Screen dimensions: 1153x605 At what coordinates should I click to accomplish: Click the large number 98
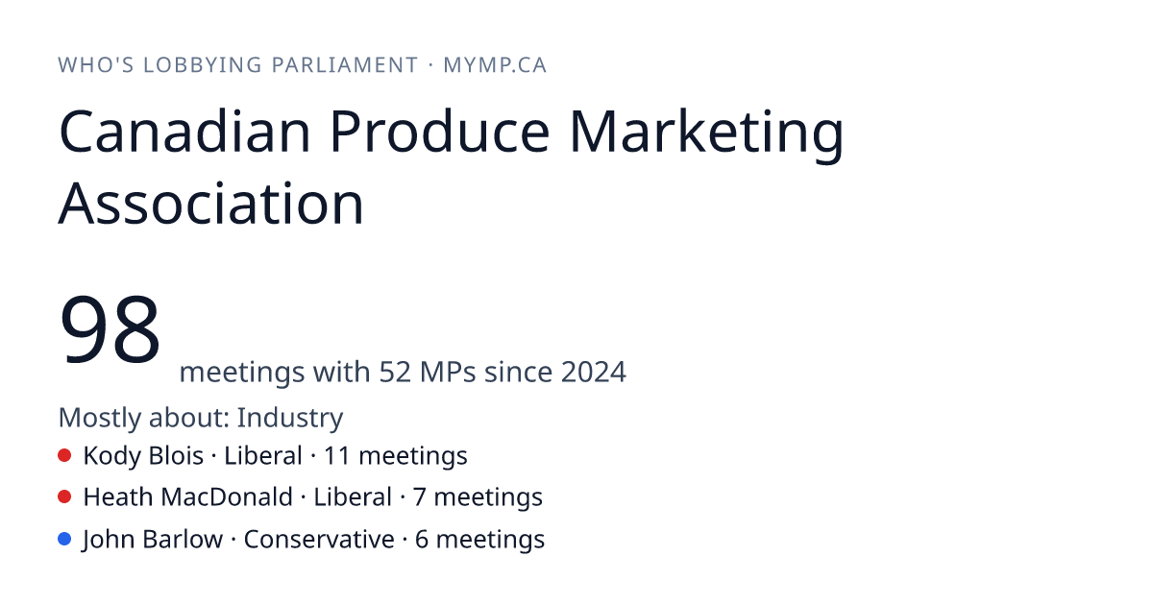coord(110,328)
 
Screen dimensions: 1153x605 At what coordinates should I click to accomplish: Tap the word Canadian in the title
coord(184,132)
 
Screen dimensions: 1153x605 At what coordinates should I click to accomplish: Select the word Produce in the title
coord(440,132)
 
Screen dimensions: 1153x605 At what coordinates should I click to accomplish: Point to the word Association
coord(211,204)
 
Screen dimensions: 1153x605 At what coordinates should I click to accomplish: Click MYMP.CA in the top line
coord(495,65)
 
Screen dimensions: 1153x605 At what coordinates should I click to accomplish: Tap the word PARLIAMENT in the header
coord(345,65)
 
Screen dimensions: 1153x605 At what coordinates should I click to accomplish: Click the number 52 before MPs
coord(395,372)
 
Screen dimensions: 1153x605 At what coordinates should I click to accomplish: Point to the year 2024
coord(594,372)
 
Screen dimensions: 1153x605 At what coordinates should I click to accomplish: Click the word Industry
coord(290,418)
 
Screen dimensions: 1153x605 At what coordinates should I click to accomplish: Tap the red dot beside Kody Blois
coord(64,455)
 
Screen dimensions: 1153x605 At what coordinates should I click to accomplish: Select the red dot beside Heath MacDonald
coord(64,497)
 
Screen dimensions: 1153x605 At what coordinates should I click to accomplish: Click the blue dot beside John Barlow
coord(64,539)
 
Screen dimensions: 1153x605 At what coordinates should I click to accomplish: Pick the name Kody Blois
coord(143,456)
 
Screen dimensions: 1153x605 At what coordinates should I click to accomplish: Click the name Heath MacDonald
coord(188,497)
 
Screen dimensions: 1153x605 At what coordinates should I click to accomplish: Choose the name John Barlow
coord(153,540)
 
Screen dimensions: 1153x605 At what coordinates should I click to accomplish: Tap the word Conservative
coord(319,540)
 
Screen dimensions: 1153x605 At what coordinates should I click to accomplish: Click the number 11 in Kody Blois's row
coord(336,456)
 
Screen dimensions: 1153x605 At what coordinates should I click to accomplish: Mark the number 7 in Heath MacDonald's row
coord(420,497)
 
